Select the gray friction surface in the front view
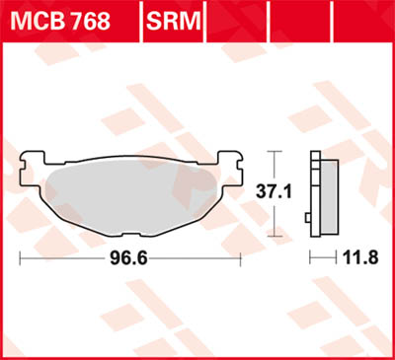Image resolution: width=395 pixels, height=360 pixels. (x=130, y=192)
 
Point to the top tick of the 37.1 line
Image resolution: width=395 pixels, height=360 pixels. (x=276, y=152)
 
